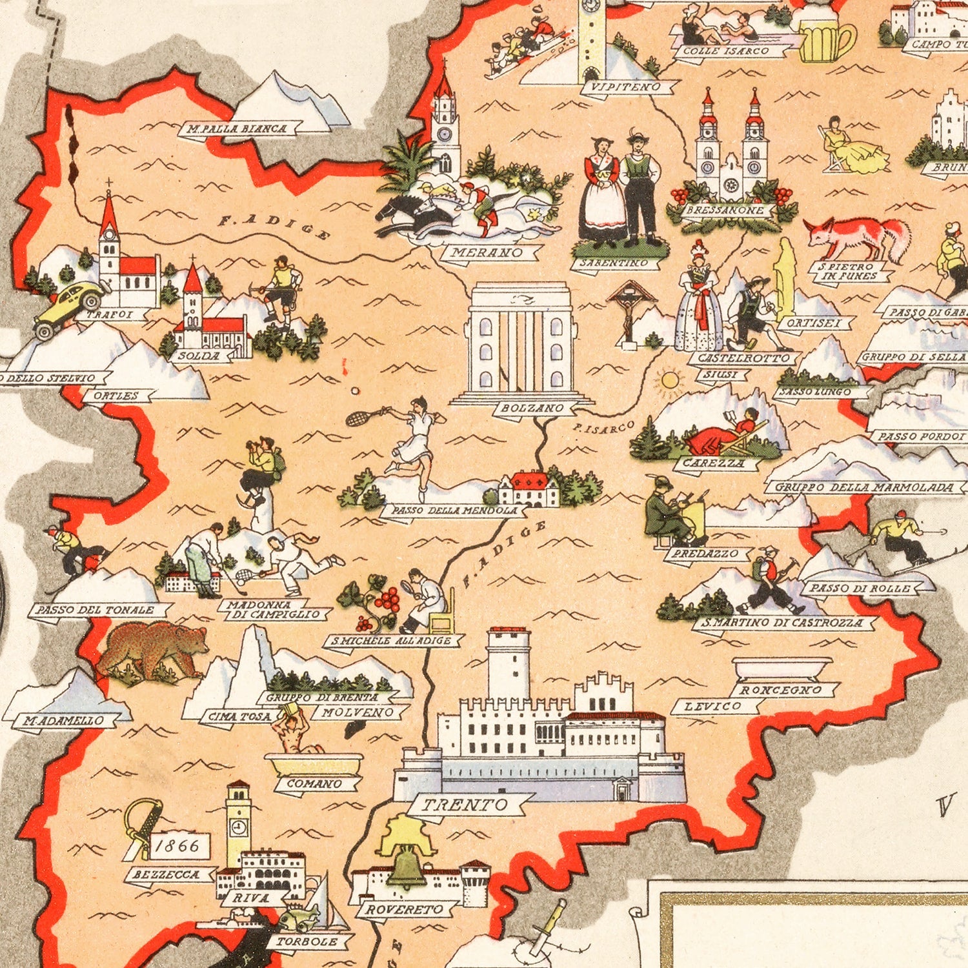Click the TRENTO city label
465,805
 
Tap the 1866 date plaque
177,845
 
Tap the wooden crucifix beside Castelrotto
629,310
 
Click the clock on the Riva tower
238,827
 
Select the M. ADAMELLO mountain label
63,720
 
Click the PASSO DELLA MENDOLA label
455,510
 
